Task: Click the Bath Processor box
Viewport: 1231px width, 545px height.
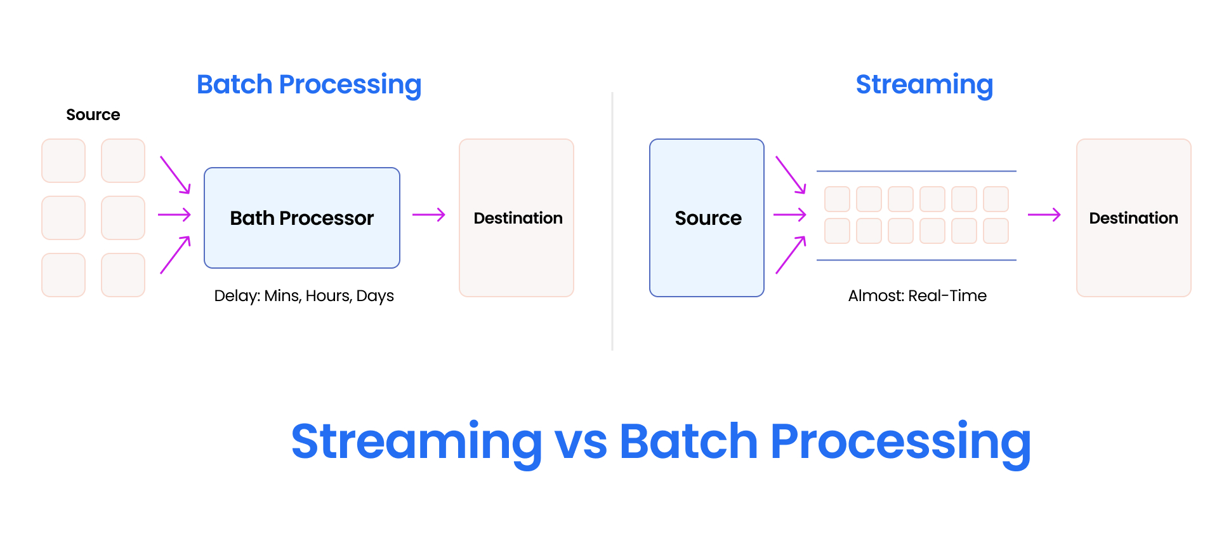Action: (x=301, y=218)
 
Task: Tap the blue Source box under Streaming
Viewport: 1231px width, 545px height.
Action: (x=706, y=218)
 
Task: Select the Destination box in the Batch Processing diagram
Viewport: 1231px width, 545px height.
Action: (x=516, y=218)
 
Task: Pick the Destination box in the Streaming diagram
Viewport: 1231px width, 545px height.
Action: (x=1133, y=218)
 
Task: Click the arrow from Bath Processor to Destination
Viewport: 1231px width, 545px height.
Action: (x=428, y=215)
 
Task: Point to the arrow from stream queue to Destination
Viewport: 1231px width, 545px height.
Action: (x=1044, y=215)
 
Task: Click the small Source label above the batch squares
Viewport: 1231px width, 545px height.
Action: (x=93, y=115)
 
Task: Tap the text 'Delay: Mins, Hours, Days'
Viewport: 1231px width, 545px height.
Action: (x=304, y=296)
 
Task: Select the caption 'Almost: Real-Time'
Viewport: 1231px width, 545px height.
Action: (x=917, y=296)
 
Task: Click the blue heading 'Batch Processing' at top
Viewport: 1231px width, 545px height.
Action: (x=308, y=84)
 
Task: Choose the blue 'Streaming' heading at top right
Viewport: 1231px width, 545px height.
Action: (x=924, y=84)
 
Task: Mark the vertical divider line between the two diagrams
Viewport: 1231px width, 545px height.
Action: (x=612, y=222)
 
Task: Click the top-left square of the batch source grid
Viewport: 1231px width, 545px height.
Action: (x=63, y=161)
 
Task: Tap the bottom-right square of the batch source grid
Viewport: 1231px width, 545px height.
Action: (x=123, y=275)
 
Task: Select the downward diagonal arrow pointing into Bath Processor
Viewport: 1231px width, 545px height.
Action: (x=175, y=175)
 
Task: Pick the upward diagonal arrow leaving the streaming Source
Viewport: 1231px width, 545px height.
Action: (x=791, y=255)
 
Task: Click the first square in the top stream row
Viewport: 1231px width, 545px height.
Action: (x=837, y=199)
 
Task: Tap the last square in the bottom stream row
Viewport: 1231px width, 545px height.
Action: (x=996, y=231)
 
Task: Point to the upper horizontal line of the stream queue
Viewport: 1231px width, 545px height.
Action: (x=916, y=171)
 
